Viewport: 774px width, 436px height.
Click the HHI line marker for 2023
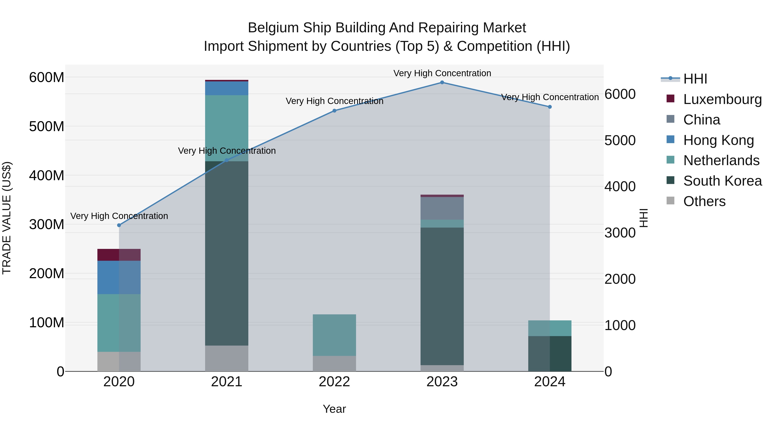click(x=442, y=82)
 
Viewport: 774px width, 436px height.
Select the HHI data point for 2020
click(x=119, y=225)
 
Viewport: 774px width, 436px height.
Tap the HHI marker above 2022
click(x=334, y=111)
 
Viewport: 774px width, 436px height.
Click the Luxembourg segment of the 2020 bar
click(x=119, y=255)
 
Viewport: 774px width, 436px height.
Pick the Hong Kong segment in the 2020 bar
click(x=119, y=278)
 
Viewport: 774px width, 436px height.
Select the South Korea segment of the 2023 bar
click(x=442, y=296)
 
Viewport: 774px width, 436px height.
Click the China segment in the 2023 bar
click(x=442, y=208)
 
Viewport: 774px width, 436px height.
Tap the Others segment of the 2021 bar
click(x=227, y=358)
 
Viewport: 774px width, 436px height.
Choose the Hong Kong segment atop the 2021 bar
click(x=227, y=88)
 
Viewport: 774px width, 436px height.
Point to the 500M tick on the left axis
click(x=47, y=127)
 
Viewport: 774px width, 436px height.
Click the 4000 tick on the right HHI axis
click(x=620, y=186)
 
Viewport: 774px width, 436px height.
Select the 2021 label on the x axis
click(x=227, y=382)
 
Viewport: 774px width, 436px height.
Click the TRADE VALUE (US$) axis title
click(x=7, y=218)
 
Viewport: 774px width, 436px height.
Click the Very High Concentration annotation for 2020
click(x=119, y=216)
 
